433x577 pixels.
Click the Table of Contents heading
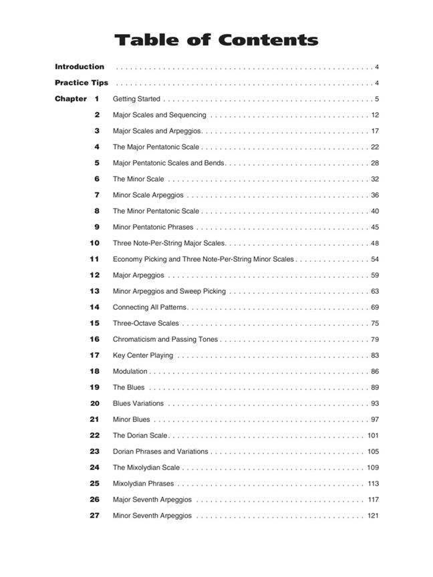tap(216, 39)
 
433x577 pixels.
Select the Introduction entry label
tap(80, 67)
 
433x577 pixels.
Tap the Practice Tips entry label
tap(82, 83)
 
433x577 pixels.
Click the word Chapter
tap(71, 99)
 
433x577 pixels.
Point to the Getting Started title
tap(136, 99)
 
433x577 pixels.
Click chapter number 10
tap(94, 243)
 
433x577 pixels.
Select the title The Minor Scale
tap(138, 179)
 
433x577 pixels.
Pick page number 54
tap(375, 259)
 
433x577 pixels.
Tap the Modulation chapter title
tap(130, 371)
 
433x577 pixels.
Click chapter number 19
tap(94, 387)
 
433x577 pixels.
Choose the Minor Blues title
tap(132, 419)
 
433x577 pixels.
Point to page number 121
tap(373, 516)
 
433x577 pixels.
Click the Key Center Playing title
tap(143, 355)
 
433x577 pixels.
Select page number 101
tap(373, 435)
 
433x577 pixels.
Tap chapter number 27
tap(94, 516)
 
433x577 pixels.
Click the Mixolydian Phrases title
tap(143, 484)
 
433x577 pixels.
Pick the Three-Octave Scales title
tap(146, 323)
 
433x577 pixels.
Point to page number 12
tap(375, 115)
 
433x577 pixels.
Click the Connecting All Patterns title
tap(150, 307)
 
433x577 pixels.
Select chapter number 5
tap(97, 163)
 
